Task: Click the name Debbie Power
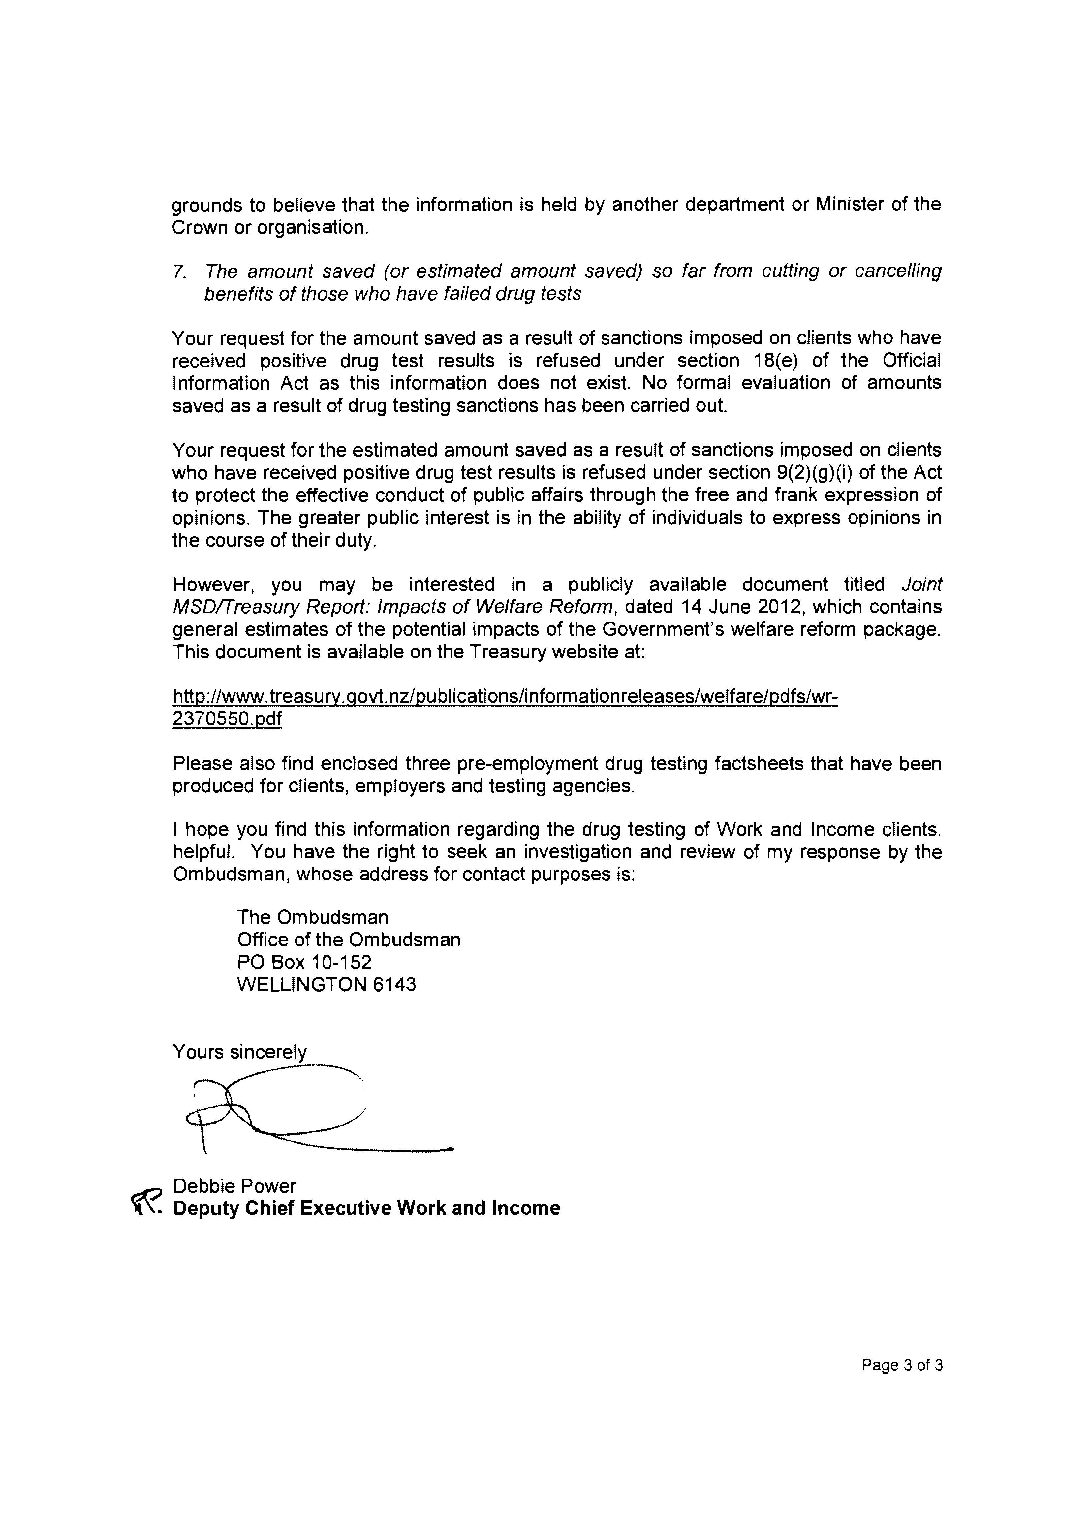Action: (x=234, y=1186)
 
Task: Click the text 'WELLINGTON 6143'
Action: (x=327, y=985)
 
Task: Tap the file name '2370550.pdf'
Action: (x=227, y=719)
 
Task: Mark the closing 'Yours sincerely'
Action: (x=240, y=1052)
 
